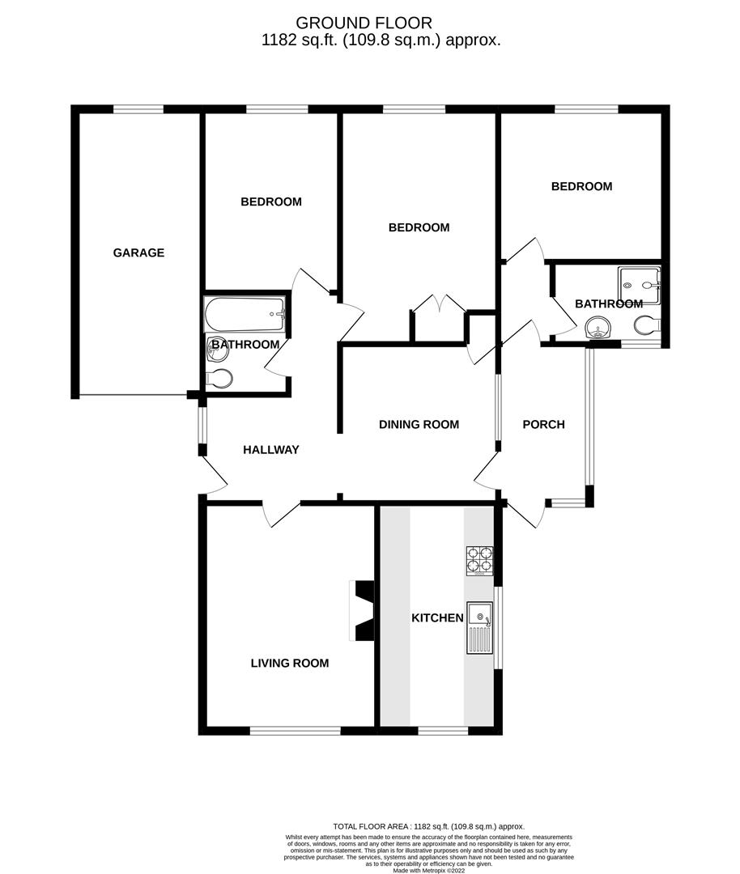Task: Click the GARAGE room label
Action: (x=138, y=252)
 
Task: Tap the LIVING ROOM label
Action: (x=290, y=664)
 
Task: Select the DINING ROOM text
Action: (x=419, y=424)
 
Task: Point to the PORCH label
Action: (x=543, y=424)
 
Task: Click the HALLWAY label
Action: (x=271, y=450)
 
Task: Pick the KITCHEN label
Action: (x=437, y=618)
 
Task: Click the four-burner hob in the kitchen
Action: (x=480, y=561)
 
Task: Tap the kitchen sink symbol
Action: (x=480, y=628)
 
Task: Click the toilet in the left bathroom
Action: (x=220, y=377)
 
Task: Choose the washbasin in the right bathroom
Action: (x=597, y=328)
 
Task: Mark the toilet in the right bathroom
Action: (x=648, y=326)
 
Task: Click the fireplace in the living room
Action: (x=362, y=611)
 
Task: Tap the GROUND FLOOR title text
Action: (x=364, y=23)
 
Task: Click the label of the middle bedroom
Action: (x=419, y=227)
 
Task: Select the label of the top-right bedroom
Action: (x=581, y=186)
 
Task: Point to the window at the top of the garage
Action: (x=138, y=109)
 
